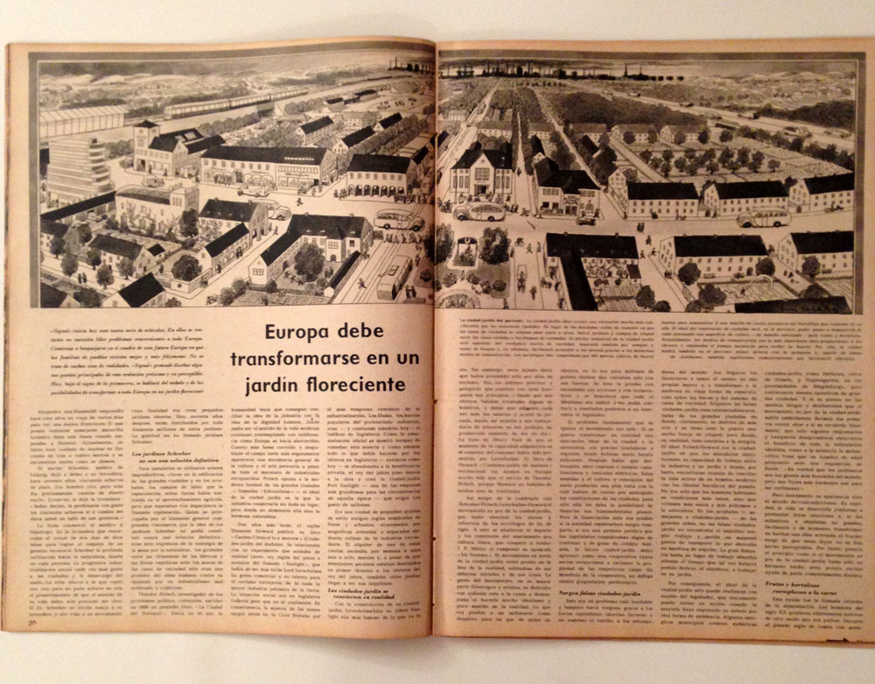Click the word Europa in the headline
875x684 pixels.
click(x=292, y=334)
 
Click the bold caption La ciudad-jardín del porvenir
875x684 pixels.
click(x=485, y=322)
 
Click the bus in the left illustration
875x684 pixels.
click(x=399, y=220)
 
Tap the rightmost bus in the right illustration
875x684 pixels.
click(x=763, y=217)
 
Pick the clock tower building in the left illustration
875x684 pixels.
click(x=145, y=145)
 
